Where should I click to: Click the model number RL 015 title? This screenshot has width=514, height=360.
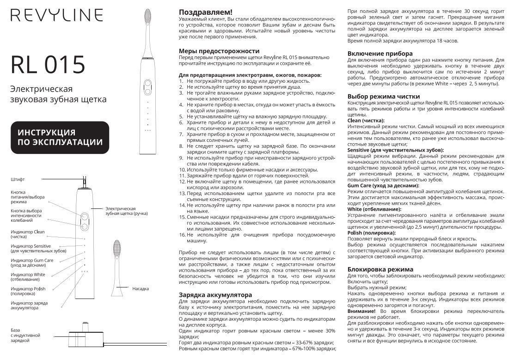click(x=48, y=64)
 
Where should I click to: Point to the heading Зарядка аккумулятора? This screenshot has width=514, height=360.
click(x=215, y=294)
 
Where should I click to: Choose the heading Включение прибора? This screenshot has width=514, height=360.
click(x=380, y=54)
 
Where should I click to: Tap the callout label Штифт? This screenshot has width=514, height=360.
click(x=17, y=178)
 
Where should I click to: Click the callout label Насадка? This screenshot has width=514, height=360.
click(x=141, y=289)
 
